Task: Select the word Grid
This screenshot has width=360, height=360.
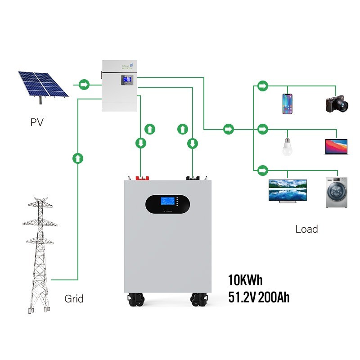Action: point(74,298)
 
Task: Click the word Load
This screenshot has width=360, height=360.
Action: point(306,229)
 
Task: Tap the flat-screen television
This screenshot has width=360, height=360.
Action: point(288,191)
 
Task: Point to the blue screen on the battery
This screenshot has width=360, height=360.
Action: point(169,201)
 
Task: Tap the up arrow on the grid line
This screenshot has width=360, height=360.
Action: point(78,158)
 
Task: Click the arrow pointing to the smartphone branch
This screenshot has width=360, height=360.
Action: point(262,85)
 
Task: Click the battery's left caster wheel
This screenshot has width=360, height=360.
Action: point(136,300)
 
